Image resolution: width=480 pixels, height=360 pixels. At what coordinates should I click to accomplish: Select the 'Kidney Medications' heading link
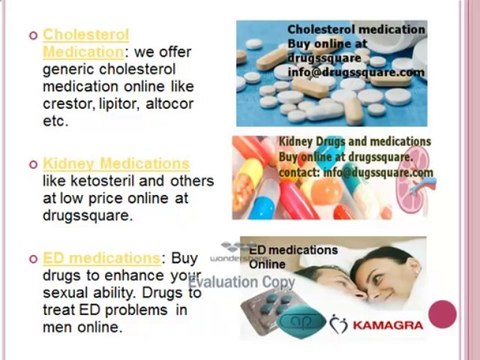coord(116,163)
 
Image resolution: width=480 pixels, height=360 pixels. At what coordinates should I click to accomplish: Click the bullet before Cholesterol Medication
coord(33,35)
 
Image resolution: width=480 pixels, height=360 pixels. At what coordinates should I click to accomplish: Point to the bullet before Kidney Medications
coord(33,163)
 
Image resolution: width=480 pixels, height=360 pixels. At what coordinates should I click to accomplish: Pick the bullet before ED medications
coord(33,259)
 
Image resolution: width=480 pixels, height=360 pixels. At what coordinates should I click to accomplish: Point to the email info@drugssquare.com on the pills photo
coord(355,72)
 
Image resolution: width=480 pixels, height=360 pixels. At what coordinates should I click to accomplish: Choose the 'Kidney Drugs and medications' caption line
coord(354,142)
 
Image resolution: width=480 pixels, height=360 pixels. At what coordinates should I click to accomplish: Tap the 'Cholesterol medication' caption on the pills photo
coord(356,30)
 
